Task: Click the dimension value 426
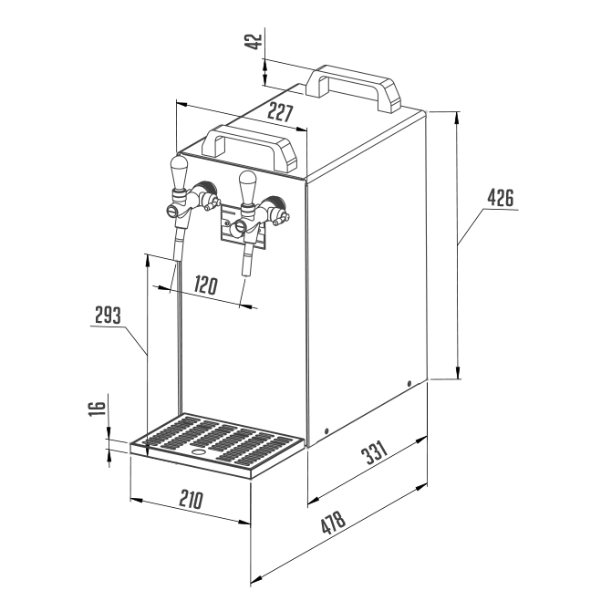[x=500, y=198]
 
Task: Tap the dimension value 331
[x=374, y=452]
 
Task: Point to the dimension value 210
[x=191, y=500]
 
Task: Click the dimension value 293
[x=108, y=315]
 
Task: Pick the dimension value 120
[x=206, y=285]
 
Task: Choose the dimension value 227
[x=280, y=113]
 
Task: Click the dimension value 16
[x=97, y=409]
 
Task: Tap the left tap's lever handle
[x=179, y=171]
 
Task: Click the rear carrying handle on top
[x=353, y=88]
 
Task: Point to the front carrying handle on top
[x=250, y=147]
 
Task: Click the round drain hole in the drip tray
[x=199, y=452]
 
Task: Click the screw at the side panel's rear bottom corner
[x=409, y=383]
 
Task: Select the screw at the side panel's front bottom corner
[x=326, y=430]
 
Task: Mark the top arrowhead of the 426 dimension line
[x=457, y=118]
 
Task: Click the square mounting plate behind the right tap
[x=243, y=226]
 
